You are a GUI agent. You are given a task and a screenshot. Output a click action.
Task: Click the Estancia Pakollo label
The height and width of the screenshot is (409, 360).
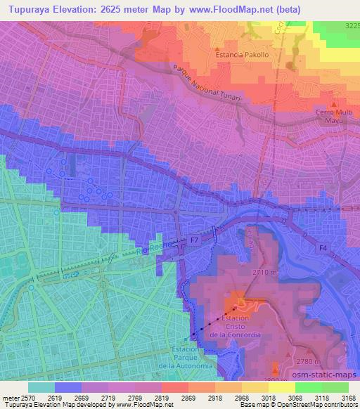coord(243,53)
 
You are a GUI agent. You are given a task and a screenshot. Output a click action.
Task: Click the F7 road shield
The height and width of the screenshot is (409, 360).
coord(194,240)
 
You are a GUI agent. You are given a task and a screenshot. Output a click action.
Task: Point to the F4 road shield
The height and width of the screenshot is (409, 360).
coord(322,247)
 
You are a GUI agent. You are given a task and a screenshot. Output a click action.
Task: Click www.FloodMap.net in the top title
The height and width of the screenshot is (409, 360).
coord(231,10)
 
